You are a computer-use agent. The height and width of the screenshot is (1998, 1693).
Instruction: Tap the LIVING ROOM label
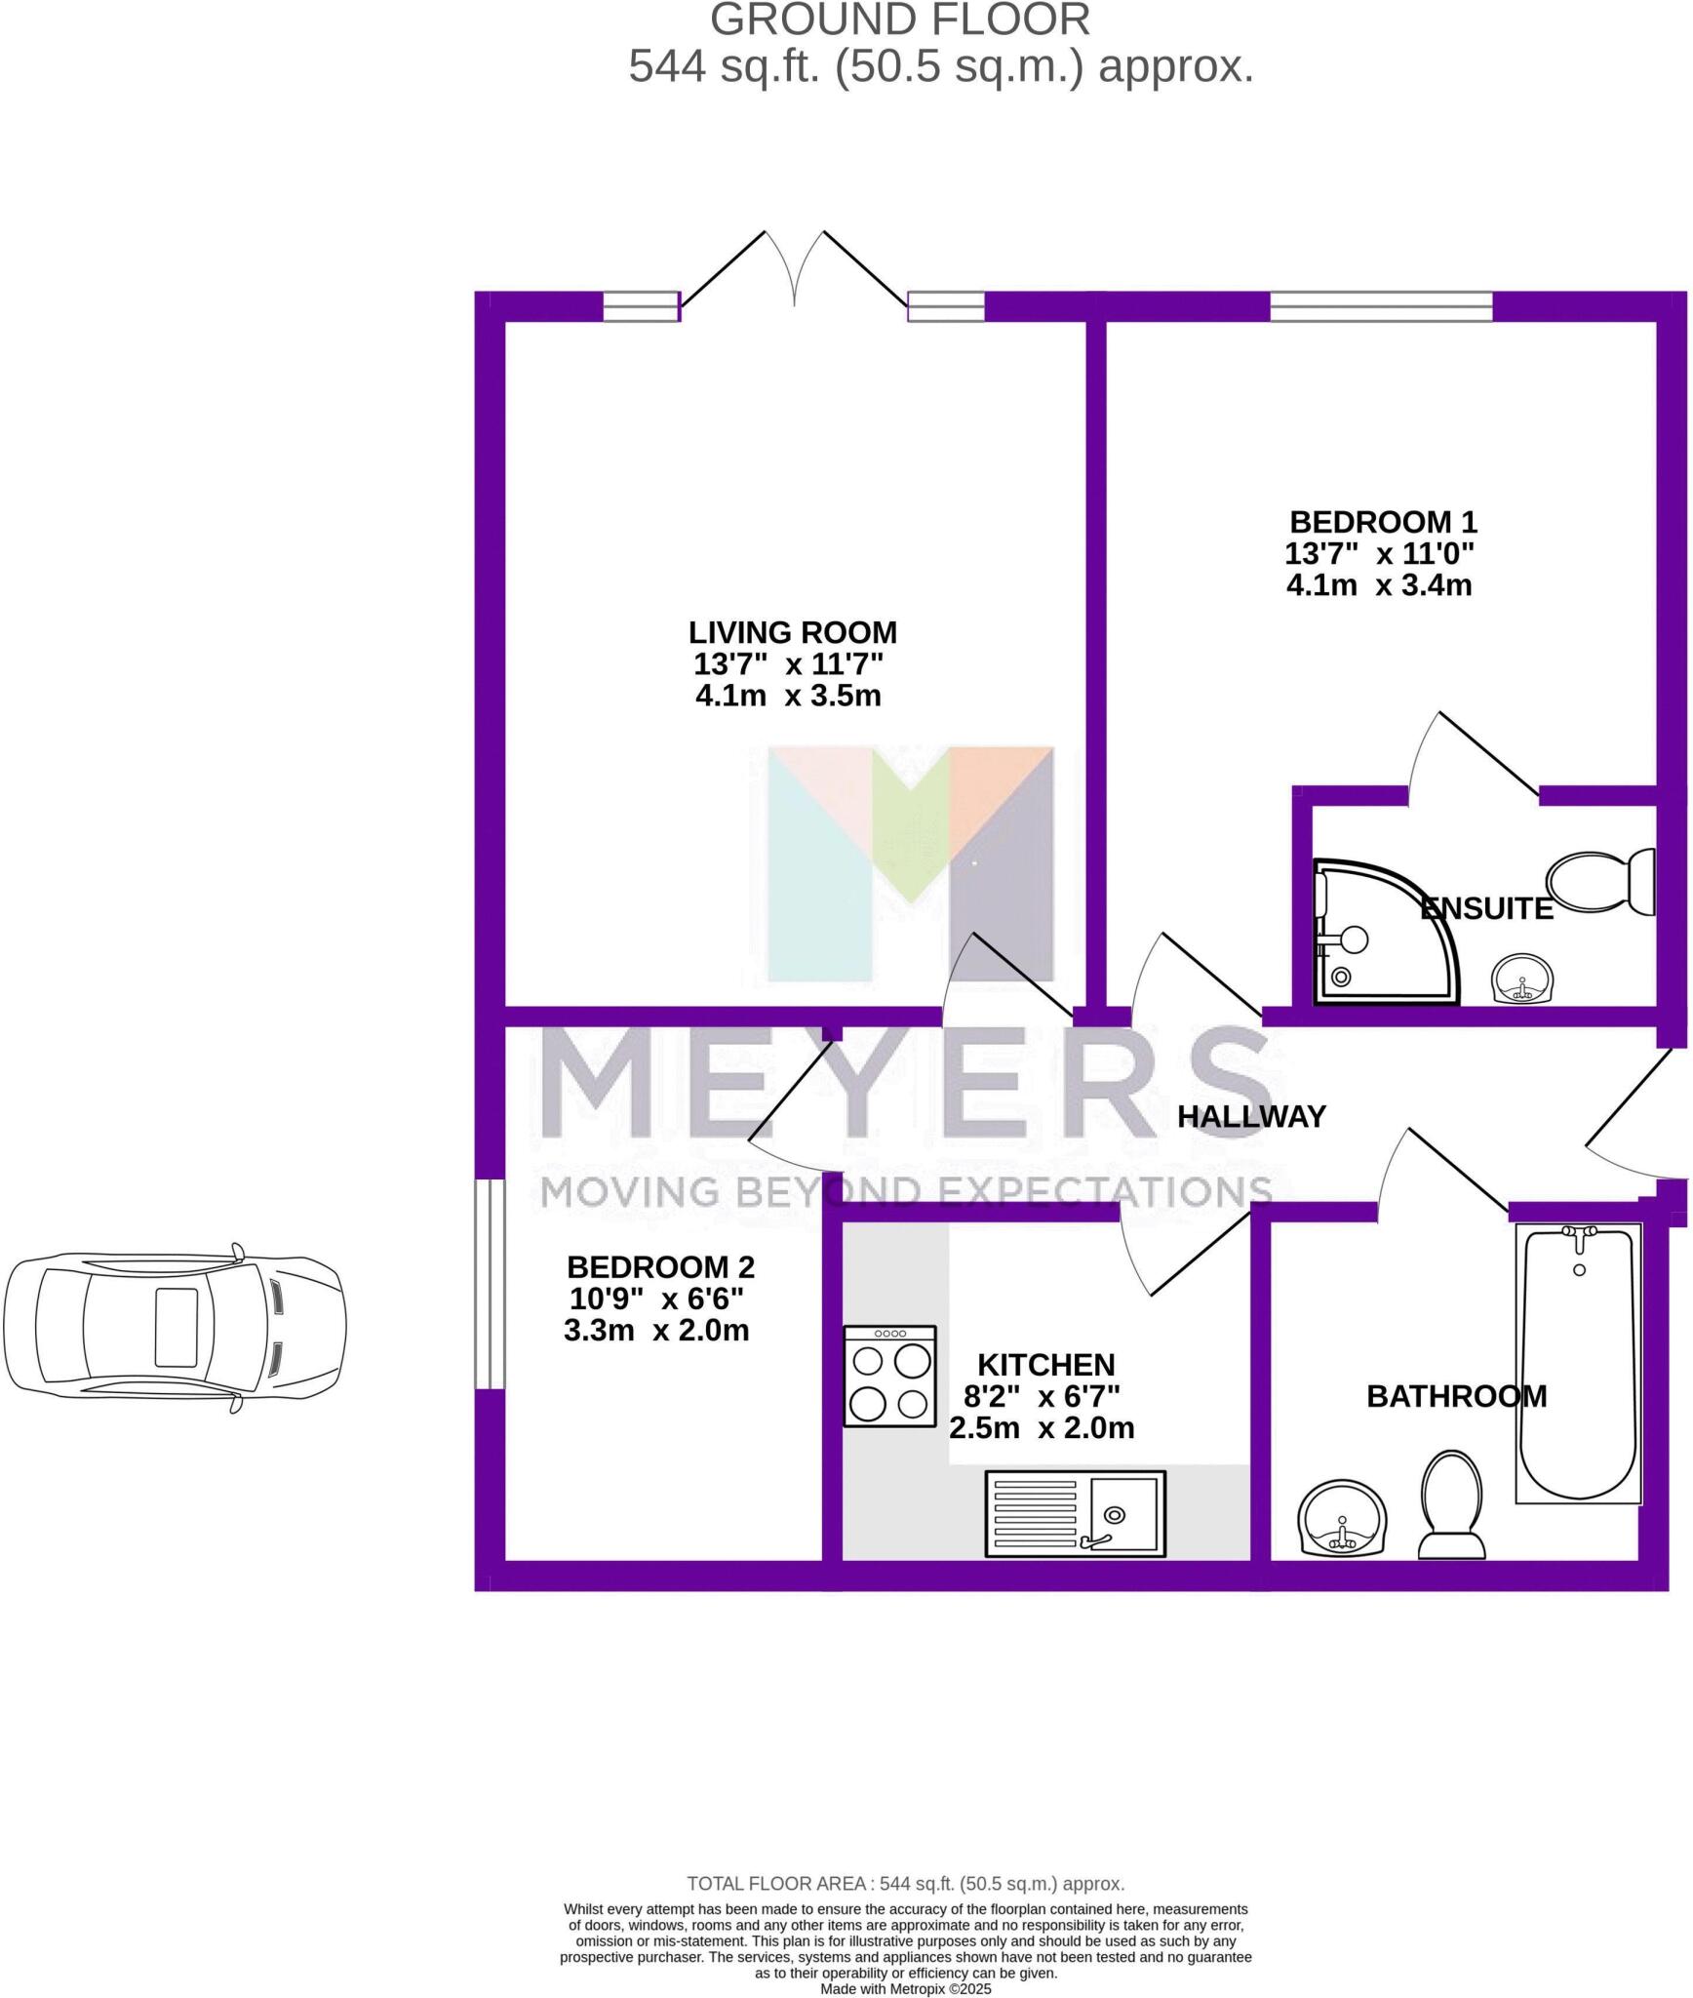792,633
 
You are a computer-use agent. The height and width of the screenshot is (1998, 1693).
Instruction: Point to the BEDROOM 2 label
660,1267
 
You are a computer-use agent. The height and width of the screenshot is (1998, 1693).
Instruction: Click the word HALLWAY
1251,1116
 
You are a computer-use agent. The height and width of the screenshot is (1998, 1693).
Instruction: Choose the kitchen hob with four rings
889,1376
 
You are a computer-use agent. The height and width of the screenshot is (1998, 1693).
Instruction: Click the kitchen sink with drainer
1076,1513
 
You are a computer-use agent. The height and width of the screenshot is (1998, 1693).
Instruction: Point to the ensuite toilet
1603,883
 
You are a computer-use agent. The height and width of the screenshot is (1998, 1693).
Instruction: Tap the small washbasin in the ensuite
1522,979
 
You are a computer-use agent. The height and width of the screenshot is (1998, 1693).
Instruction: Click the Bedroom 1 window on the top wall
1381,306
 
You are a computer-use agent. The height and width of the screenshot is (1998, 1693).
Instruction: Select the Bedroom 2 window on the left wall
490,1284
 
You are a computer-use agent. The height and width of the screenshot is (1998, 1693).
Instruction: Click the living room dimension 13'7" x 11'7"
788,664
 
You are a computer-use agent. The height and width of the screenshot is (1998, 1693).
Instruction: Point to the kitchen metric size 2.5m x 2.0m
1042,1428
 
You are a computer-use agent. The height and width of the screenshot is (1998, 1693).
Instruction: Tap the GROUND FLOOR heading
899,20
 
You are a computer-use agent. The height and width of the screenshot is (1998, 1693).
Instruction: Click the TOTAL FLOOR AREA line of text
905,1884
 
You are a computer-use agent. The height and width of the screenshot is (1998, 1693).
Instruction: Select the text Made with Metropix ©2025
905,1988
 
